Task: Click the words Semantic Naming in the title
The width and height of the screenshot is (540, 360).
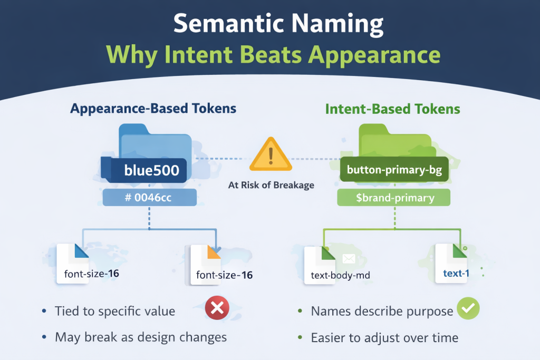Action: (x=269, y=25)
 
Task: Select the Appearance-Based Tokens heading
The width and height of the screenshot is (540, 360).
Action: (x=153, y=109)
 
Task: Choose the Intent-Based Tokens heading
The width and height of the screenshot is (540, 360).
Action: (x=392, y=109)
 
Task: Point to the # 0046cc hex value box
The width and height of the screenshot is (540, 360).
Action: (x=150, y=198)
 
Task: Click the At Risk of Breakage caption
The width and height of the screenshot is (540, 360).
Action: (x=269, y=185)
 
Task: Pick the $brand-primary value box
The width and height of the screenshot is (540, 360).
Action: (x=394, y=198)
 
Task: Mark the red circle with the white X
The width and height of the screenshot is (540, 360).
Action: (x=216, y=310)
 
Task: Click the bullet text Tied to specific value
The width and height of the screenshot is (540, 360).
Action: (x=114, y=311)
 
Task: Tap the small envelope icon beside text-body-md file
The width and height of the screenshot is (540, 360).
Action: (x=349, y=258)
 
